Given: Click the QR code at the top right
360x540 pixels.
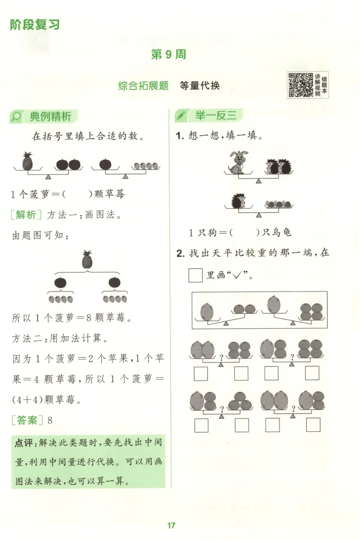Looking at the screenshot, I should [301, 85].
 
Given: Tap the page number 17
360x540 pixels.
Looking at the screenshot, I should [171, 525].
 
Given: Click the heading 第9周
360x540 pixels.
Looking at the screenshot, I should [168, 54].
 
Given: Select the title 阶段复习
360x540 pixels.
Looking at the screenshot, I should [35, 24].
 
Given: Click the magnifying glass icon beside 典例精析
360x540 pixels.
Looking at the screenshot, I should [16, 117].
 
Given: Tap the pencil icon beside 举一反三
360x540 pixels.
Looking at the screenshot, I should [181, 116].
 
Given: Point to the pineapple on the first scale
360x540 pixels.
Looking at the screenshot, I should [28, 161].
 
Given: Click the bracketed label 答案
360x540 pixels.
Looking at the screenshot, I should [27, 420].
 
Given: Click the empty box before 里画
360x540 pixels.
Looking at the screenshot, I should [196, 275].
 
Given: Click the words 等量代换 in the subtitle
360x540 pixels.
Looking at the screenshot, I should [199, 85].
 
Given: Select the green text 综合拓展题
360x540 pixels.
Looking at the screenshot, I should [144, 85].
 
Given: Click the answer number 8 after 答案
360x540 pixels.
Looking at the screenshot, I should [50, 421].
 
